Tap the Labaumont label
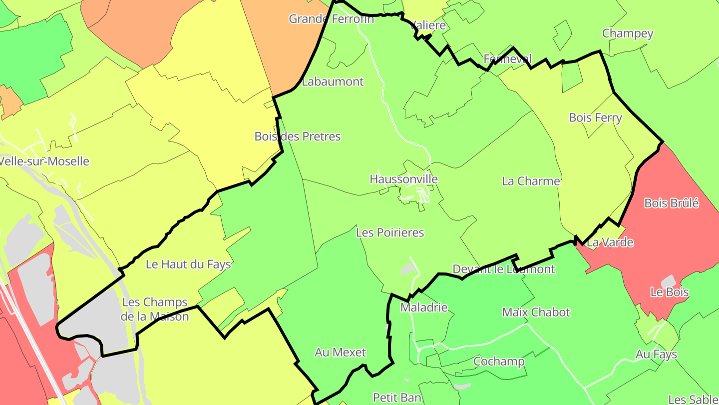coord(333,81)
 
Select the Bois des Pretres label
coord(298,136)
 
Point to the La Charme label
coord(531,181)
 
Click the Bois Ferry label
coord(595,117)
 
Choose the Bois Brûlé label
coord(671,203)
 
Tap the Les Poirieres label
coord(390,232)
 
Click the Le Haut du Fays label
coord(188,264)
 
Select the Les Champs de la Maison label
coord(155,309)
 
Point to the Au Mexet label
coord(340,352)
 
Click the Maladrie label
coord(424,307)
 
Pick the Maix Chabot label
coord(536,312)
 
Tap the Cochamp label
coord(499,361)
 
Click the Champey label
coord(628,33)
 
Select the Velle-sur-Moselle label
coord(44,161)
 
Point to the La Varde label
coord(610,242)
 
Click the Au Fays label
coord(656,354)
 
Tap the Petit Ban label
coord(397,397)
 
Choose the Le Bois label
coord(670,292)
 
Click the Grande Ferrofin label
coord(331,19)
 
